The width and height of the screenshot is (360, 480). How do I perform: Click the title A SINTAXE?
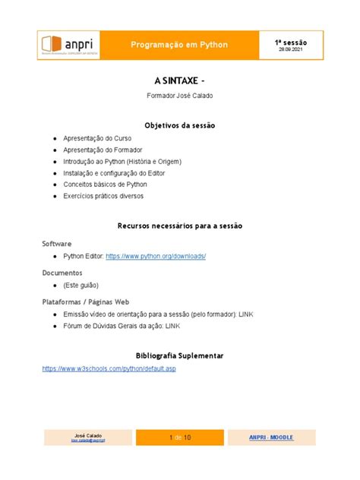(179, 80)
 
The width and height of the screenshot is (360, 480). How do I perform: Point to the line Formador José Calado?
(179, 96)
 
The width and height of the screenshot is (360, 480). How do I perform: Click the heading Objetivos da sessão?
(179, 125)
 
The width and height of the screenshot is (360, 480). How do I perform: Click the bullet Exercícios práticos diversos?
(103, 196)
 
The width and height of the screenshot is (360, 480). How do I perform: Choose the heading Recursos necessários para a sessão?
(179, 226)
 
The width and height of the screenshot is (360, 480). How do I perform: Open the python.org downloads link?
(156, 257)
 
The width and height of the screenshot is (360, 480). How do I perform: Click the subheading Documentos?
(62, 272)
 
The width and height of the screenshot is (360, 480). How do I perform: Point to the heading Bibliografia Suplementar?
(179, 355)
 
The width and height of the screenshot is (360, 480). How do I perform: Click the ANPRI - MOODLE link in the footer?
(276, 437)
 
